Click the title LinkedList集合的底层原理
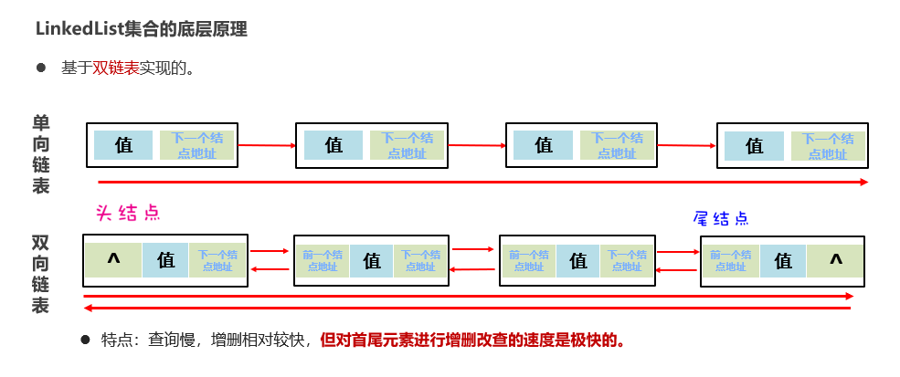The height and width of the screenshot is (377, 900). tap(141, 29)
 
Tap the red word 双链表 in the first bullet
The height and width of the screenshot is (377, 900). tap(115, 68)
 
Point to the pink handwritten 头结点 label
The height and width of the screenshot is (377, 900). tap(128, 213)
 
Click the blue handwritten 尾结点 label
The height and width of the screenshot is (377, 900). tap(721, 218)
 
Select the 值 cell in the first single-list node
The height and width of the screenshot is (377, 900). tap(123, 145)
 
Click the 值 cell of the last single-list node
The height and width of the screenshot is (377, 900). tap(754, 146)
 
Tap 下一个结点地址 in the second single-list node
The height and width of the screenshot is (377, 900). tap(408, 146)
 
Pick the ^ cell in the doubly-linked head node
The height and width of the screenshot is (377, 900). tap(113, 260)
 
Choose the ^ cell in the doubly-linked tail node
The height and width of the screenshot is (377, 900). tap(835, 260)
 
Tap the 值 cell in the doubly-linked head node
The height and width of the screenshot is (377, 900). tap(165, 260)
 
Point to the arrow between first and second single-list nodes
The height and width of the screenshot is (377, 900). tap(267, 145)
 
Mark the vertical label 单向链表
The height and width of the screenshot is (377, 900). tap(41, 154)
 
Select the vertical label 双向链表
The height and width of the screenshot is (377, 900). tap(41, 275)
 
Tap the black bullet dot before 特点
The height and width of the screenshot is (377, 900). tap(85, 340)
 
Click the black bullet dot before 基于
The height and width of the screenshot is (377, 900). tap(41, 68)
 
